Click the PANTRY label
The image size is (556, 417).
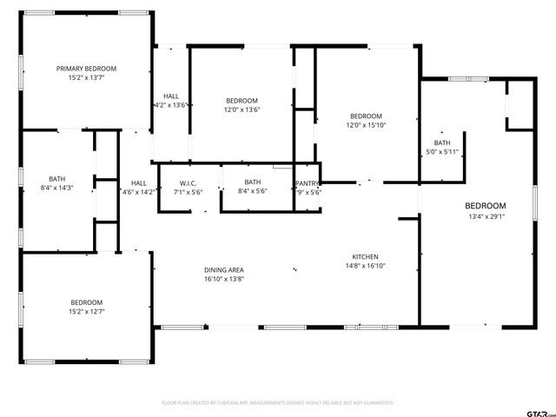point(307,183)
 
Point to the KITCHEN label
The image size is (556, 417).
point(365,257)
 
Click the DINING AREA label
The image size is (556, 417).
point(223,270)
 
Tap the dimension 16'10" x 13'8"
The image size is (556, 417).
point(223,279)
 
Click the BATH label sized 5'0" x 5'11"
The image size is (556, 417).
point(442,143)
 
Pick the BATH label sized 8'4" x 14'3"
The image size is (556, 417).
point(57,178)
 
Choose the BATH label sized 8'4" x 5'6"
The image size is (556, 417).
point(252,182)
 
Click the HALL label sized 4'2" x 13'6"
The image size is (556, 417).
point(171,96)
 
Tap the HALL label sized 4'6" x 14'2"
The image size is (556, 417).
point(138,183)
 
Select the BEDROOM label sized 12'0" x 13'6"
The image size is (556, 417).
point(242,101)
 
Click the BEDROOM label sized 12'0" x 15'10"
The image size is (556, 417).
point(366,116)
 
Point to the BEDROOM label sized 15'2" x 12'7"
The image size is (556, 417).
point(86,302)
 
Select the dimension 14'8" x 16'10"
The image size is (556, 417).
point(365,266)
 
